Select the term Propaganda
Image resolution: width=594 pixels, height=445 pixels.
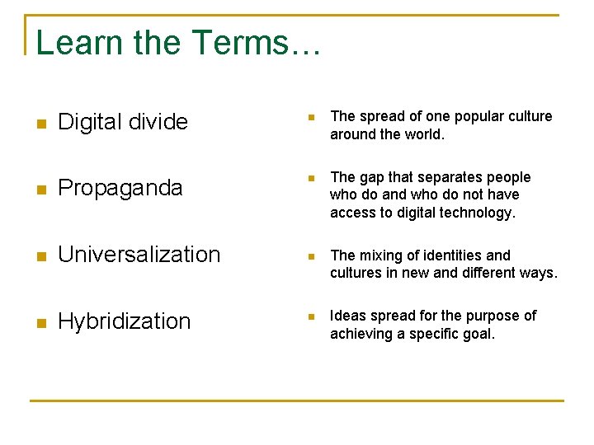[x=120, y=189]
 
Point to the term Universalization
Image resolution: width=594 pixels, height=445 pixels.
[x=139, y=255]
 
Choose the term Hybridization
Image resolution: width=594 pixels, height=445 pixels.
[x=125, y=321]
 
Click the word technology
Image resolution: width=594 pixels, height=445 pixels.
[x=478, y=213]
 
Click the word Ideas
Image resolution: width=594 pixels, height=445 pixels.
[x=347, y=316]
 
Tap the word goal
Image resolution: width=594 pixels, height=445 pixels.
[x=477, y=334]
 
